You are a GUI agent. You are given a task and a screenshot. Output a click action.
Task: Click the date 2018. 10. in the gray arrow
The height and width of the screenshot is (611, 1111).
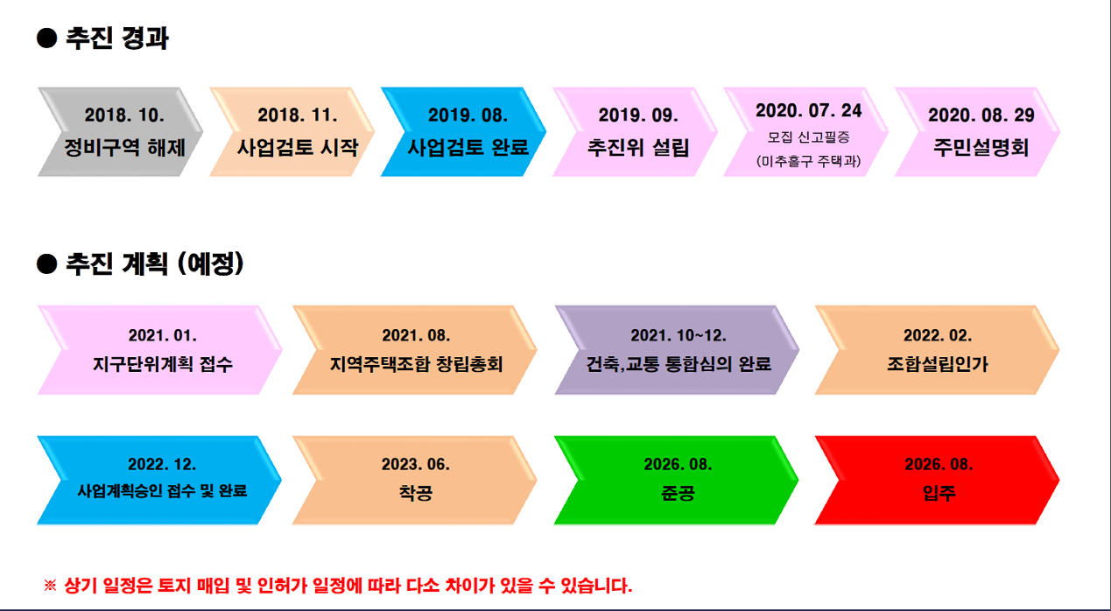click(124, 115)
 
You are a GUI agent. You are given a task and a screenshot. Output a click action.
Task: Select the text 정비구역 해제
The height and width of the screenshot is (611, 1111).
click(124, 147)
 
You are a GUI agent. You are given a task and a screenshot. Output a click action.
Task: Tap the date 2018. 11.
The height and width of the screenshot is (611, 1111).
click(297, 115)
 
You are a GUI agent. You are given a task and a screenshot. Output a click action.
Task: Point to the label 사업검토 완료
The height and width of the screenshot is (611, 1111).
click(468, 147)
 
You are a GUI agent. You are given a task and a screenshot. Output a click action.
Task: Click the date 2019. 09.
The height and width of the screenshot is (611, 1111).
click(638, 115)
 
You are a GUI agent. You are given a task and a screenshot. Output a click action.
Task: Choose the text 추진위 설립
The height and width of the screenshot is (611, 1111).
click(638, 147)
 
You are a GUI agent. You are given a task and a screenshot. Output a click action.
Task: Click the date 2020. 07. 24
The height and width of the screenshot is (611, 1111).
click(808, 110)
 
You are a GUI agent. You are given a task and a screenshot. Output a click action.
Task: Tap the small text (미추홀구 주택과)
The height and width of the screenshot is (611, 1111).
click(808, 161)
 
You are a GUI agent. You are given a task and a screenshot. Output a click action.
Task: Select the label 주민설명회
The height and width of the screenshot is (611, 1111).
click(981, 147)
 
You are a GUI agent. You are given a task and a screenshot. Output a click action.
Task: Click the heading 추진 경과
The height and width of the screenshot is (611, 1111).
click(117, 39)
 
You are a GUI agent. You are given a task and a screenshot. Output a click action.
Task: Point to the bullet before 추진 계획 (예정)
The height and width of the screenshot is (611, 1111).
click(47, 263)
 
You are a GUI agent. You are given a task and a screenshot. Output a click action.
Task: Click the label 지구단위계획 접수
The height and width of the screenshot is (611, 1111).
click(163, 364)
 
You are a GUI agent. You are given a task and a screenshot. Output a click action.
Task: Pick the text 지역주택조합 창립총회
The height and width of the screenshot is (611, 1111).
click(416, 364)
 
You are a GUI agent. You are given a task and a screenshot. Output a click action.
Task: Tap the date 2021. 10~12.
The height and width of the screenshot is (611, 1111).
click(678, 336)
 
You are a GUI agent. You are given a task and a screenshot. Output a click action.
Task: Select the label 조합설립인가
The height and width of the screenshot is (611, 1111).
click(938, 364)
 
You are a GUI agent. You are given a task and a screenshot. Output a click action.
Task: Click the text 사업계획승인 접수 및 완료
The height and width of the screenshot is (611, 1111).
click(162, 491)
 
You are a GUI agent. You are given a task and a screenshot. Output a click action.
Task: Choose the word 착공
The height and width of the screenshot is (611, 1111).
click(416, 493)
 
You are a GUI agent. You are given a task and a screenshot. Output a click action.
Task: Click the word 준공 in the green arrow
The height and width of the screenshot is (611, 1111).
click(678, 493)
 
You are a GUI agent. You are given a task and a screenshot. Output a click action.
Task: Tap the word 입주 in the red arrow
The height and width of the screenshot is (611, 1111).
click(939, 493)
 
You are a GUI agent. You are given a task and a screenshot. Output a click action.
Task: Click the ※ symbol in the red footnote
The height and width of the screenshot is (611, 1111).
click(50, 586)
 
